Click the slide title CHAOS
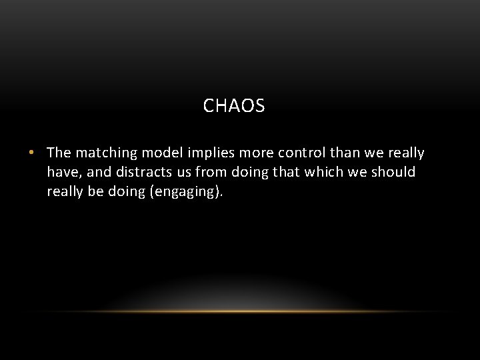(x=234, y=105)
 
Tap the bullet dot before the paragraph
(x=31, y=153)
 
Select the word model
(x=160, y=153)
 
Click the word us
(x=186, y=172)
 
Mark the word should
(x=392, y=172)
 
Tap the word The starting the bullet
(x=59, y=153)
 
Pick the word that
(x=286, y=172)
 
